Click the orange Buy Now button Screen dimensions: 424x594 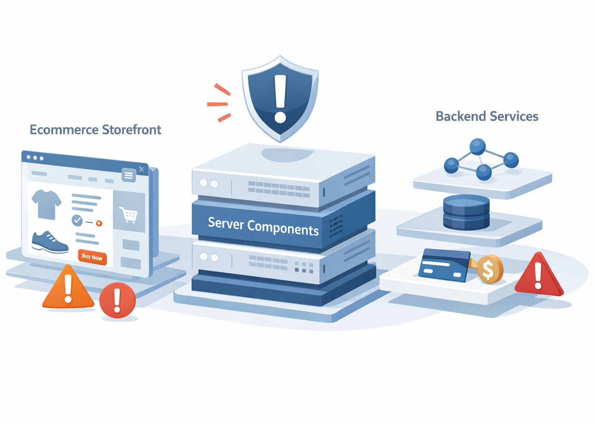coord(92,257)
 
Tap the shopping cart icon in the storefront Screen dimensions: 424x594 coord(129,215)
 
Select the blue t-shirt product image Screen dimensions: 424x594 coord(46,204)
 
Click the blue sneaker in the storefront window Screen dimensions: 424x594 coord(50,243)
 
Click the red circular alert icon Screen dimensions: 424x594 coord(117,300)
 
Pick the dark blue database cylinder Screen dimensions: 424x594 coord(466,212)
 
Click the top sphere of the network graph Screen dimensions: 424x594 coord(477,146)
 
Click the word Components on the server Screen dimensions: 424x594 coord(283,228)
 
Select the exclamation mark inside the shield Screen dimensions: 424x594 coord(280,98)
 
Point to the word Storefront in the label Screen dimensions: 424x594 coord(131,130)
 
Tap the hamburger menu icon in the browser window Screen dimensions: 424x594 coord(129,175)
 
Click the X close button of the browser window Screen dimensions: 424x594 coord(142,169)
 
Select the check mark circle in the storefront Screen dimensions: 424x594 coord(77,220)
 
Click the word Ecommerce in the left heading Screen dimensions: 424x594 coord(64,130)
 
